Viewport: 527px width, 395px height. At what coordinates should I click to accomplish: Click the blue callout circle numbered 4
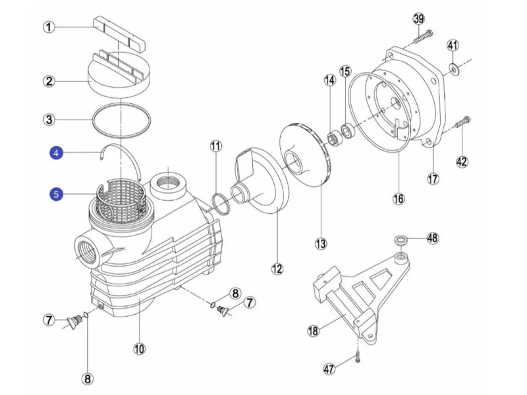point(56,153)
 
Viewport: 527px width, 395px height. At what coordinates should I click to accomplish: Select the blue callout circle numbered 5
point(56,194)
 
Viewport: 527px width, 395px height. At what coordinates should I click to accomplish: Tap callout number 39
point(418,19)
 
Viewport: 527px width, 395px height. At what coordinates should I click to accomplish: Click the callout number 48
point(433,238)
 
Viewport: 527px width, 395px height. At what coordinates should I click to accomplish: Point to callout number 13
point(321,244)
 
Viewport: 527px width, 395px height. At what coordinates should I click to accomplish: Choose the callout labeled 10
point(139,349)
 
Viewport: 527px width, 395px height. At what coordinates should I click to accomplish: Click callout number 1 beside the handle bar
point(49,27)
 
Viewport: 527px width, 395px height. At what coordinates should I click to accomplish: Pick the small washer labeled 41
point(454,70)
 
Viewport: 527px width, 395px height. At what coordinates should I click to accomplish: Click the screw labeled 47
point(358,356)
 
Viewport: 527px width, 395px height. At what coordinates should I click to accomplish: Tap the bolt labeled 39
point(423,37)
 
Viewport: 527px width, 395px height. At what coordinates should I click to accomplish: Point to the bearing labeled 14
point(335,139)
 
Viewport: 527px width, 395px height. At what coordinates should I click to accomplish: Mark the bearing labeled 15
point(348,130)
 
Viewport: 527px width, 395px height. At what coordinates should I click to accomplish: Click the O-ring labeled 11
point(221,204)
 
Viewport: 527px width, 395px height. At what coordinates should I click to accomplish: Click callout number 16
point(399,199)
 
